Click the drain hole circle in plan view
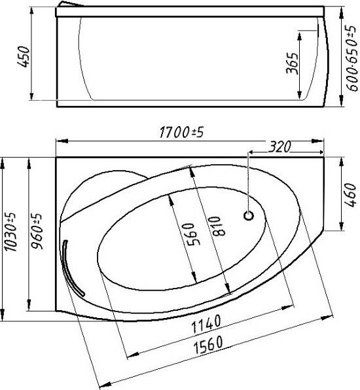point(249,215)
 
